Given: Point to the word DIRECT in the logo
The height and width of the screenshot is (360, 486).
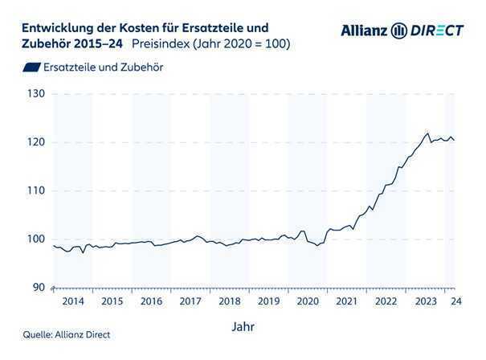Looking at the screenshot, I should point(436,31).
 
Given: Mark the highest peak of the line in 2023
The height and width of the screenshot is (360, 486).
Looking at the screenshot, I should point(427,133).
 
